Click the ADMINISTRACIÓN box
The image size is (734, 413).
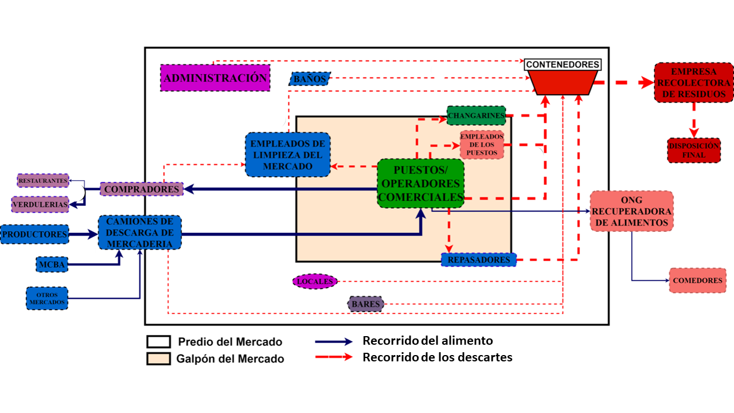pos(215,78)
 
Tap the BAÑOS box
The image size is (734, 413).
pos(310,79)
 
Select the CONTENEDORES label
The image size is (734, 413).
pos(563,65)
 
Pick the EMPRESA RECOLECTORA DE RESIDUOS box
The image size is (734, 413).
pos(694,83)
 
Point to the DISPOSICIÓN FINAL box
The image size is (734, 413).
pos(694,150)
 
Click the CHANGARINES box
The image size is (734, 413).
pos(476,115)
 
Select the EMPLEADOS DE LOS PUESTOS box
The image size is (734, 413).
pos(482,145)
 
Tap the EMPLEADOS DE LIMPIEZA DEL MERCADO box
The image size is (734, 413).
pos(288,154)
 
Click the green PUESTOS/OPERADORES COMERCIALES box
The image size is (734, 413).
pos(420,183)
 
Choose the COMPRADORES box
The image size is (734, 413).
pos(142,189)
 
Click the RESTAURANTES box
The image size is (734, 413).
pos(43,181)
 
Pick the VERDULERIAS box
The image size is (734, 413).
pos(41,204)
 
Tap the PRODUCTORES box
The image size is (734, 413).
pos(34,234)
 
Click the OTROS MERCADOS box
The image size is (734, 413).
pos(46,298)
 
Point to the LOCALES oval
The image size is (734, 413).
pos(315,282)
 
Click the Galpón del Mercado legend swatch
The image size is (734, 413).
pos(159,359)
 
